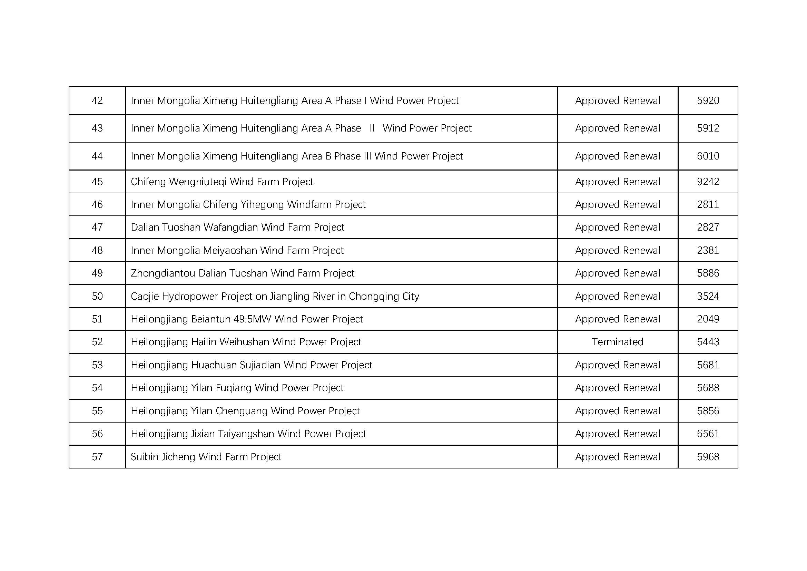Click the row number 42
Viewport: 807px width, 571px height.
(97, 100)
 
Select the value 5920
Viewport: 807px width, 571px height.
(708, 100)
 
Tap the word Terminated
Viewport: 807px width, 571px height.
(617, 342)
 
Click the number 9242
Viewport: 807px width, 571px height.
(708, 182)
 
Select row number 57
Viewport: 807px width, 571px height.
(97, 456)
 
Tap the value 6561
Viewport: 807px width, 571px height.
(708, 434)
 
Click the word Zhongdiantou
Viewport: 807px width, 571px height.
(163, 273)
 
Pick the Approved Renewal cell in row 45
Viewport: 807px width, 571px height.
(617, 182)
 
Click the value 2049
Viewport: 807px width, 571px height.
(708, 319)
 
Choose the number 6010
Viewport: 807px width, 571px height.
(708, 156)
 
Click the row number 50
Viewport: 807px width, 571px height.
(97, 296)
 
